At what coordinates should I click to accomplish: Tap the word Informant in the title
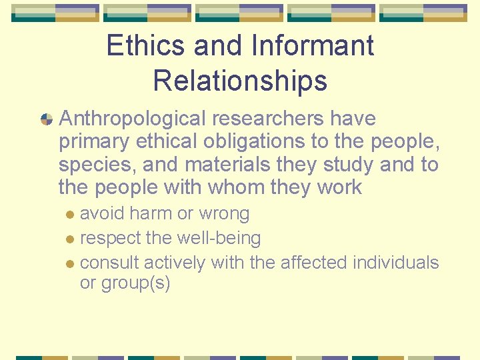[313, 46]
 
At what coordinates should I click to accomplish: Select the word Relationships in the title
[240, 81]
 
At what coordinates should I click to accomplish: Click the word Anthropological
[133, 119]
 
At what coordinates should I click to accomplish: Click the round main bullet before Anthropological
[47, 119]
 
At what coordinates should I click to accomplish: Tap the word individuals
[396, 263]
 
